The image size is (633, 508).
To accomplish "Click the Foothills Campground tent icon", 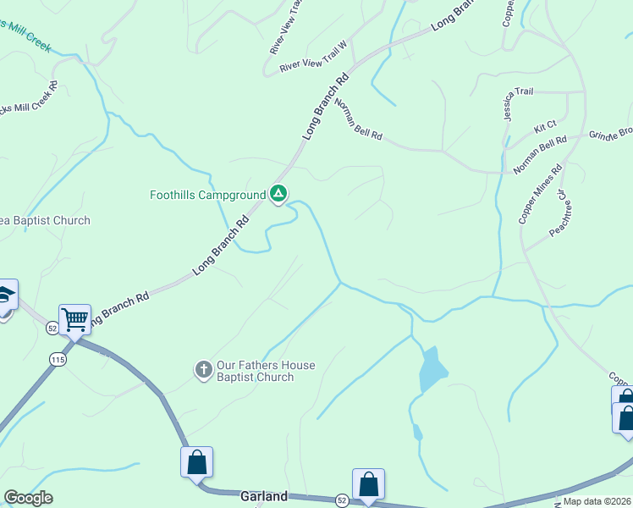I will coord(278,195).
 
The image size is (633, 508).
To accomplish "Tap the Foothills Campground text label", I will coord(208,195).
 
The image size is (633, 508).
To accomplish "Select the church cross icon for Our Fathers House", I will coord(203,370).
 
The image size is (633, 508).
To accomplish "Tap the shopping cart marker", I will coord(75,319).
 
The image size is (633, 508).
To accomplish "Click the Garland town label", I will coord(264,496).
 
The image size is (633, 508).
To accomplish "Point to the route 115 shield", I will coord(58,358).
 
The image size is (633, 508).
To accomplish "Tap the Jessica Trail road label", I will coord(519,105).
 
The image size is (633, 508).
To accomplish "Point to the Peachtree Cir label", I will coord(557,213).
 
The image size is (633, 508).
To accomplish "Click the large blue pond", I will coord(432,368).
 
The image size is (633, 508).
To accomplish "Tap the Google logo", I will coord(28,498).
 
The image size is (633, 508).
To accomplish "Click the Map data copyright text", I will coord(597,501).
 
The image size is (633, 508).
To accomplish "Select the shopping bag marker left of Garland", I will coord(196,462).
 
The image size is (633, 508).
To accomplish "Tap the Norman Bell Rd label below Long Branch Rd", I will coord(359,119).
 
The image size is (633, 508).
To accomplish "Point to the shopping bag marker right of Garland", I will coord(368,484).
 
